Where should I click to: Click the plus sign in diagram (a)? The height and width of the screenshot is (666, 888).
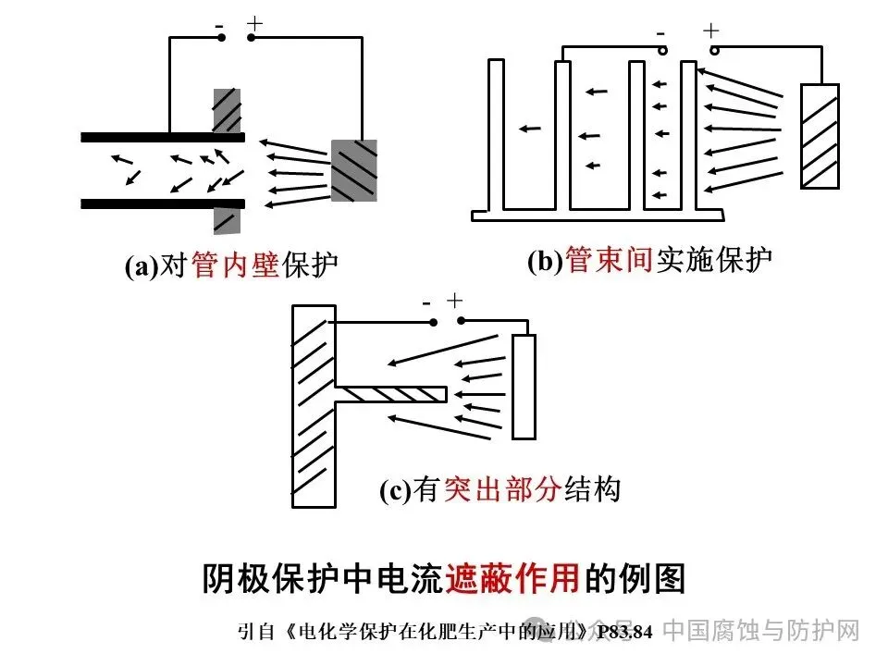(254, 24)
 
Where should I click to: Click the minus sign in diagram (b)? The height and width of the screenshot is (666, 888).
(661, 34)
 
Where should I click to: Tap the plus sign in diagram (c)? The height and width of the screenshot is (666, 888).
(453, 301)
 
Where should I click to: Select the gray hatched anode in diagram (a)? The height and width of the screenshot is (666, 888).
(354, 170)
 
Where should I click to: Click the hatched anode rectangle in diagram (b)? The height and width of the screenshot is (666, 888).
(820, 137)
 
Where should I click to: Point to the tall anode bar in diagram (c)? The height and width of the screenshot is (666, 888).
(524, 387)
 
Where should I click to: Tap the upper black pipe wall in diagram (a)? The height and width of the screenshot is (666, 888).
(162, 138)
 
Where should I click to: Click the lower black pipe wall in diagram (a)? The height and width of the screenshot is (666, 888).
(162, 203)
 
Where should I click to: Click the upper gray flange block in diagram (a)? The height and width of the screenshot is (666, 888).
(227, 110)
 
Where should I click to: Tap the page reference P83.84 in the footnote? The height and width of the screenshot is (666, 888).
(624, 633)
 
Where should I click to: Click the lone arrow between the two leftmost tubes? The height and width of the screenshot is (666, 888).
(528, 129)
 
